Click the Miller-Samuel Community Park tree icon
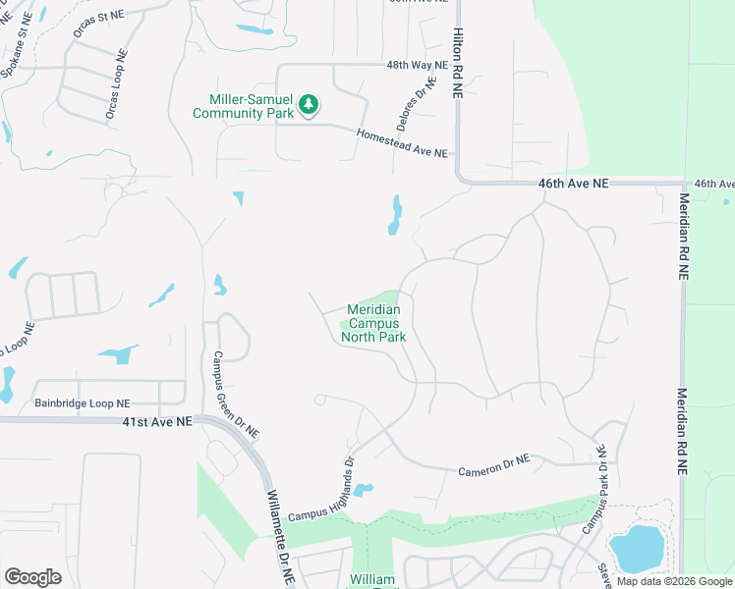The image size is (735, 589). tap(309, 104)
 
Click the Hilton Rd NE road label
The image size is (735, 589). tap(457, 61)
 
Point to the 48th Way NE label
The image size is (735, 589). tap(417, 65)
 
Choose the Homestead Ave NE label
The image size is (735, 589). tap(402, 144)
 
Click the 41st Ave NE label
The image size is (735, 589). tap(156, 421)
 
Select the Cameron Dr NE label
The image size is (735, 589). tap(493, 465)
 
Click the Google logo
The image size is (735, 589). tap(32, 577)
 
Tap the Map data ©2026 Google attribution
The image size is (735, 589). tap(674, 581)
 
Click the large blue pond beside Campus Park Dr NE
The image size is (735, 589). tap(636, 547)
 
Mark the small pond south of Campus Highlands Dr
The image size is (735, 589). tap(362, 489)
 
